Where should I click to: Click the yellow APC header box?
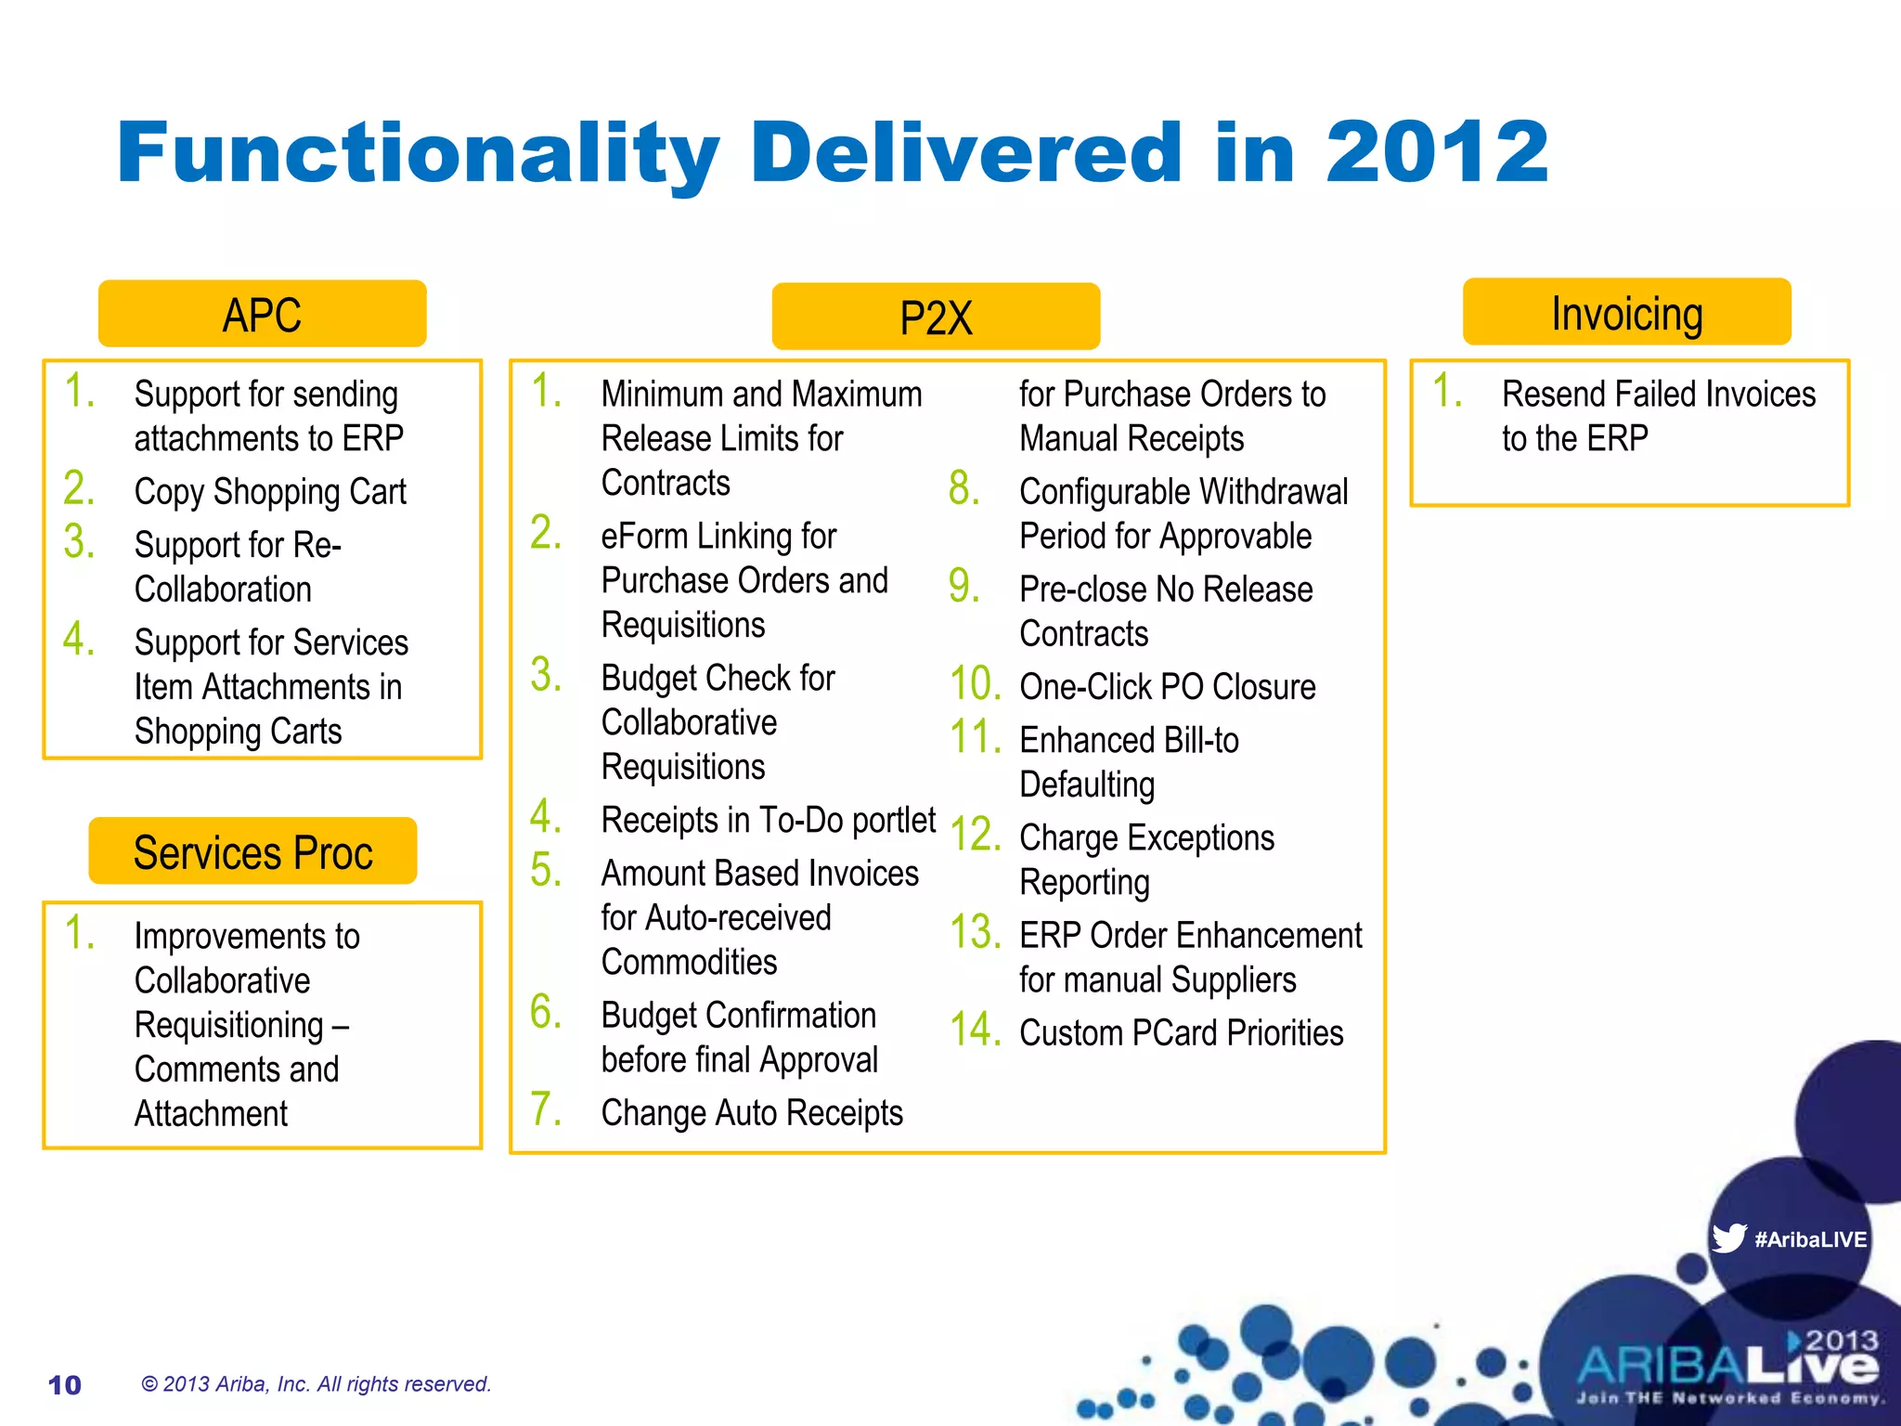pyautogui.click(x=262, y=314)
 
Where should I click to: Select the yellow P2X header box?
pyautogui.click(x=936, y=318)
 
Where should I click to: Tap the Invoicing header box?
pyautogui.click(x=1626, y=313)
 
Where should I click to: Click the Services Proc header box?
pyautogui.click(x=252, y=851)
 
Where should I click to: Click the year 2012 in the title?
pyautogui.click(x=1436, y=152)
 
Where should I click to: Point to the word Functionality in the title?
pyautogui.click(x=418, y=154)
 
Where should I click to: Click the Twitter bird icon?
pyautogui.click(x=1728, y=1238)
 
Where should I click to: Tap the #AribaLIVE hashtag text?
pyautogui.click(x=1810, y=1239)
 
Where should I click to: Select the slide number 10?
pyautogui.click(x=64, y=1385)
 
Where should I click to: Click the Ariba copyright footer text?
pyautogui.click(x=316, y=1384)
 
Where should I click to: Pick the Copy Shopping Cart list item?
pyautogui.click(x=270, y=491)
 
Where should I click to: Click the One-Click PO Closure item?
pyautogui.click(x=1167, y=687)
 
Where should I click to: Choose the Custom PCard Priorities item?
pyautogui.click(x=1181, y=1032)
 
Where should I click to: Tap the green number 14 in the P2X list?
pyautogui.click(x=975, y=1031)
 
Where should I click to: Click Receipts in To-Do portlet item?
pyautogui.click(x=768, y=820)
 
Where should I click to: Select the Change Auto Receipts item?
pyautogui.click(x=752, y=1112)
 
